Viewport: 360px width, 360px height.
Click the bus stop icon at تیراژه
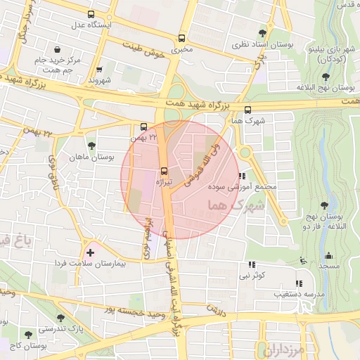point(164,171)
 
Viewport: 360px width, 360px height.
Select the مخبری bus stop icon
point(183,39)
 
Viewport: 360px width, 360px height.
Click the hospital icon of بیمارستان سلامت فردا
point(89,252)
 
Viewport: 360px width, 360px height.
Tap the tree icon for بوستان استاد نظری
point(262,32)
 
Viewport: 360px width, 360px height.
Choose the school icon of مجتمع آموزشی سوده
point(242,176)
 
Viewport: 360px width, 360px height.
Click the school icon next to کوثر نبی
point(251,265)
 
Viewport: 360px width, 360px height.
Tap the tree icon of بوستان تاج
point(28,335)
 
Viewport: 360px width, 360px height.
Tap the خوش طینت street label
point(148,50)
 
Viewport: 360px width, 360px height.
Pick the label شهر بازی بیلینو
point(326,55)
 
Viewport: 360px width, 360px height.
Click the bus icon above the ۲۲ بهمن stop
point(143,127)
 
